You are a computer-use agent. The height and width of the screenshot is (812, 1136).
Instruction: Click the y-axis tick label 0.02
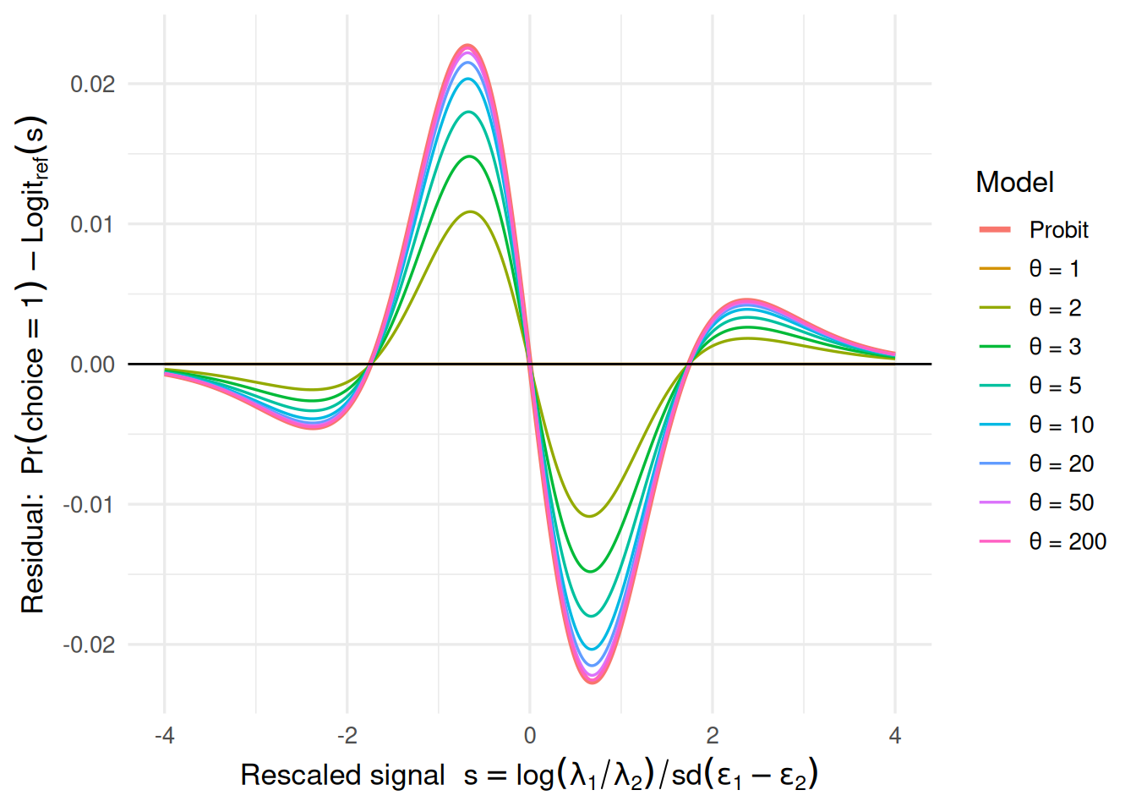92,85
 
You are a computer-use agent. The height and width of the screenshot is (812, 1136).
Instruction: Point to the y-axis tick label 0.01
92,225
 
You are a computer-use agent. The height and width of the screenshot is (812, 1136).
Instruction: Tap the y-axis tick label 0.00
92,365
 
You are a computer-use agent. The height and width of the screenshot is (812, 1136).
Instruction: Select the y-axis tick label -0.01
89,505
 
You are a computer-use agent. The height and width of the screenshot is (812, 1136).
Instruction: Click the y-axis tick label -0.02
89,645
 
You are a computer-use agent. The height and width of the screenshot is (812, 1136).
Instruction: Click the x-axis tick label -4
164,736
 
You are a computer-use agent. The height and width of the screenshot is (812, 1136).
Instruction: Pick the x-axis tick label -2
347,736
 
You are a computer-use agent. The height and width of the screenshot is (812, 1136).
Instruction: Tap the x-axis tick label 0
530,736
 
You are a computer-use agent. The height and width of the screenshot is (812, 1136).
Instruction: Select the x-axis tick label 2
713,736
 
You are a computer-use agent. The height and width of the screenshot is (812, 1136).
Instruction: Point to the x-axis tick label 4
895,736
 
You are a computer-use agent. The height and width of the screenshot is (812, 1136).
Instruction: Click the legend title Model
1014,183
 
